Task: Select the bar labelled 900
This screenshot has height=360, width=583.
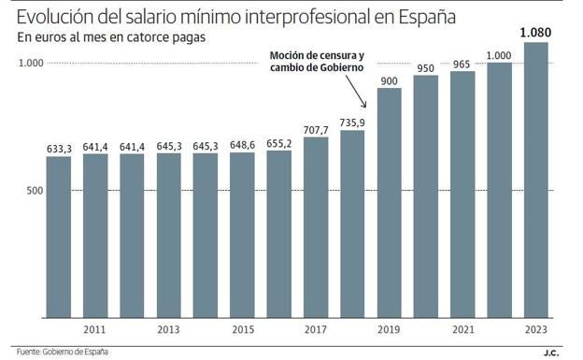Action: [x=389, y=202]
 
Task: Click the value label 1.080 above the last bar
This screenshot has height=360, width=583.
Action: [x=535, y=34]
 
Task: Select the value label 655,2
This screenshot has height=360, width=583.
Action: [x=278, y=143]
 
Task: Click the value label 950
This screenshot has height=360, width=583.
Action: [x=425, y=68]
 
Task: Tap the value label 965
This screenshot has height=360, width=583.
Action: [x=462, y=65]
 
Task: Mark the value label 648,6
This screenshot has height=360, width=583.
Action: [x=242, y=145]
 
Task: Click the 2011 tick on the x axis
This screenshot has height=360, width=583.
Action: [x=94, y=329]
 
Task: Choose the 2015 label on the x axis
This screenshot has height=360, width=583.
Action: [x=242, y=329]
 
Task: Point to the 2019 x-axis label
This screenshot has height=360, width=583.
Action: [x=389, y=329]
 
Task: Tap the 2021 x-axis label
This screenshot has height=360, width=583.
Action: [x=462, y=329]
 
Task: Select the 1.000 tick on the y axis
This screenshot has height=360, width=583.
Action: [x=30, y=64]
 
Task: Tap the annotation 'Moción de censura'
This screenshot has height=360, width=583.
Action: [x=317, y=54]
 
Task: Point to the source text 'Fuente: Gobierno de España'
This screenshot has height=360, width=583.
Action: [x=60, y=352]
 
